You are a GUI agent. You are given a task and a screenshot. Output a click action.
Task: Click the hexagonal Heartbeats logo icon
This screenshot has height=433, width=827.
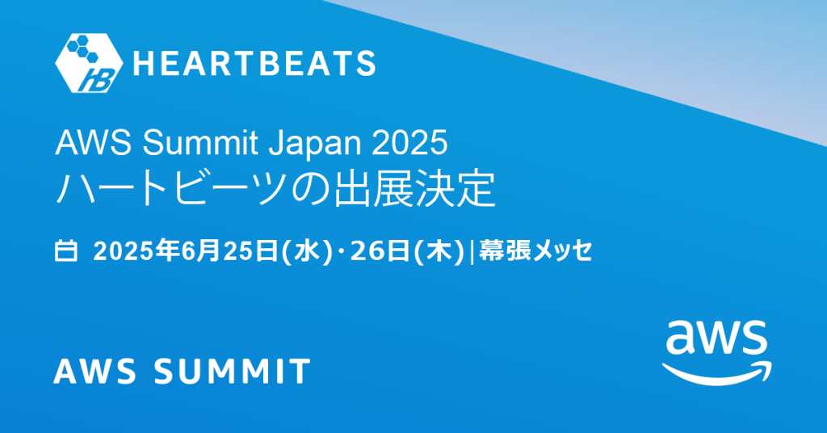click(88, 62)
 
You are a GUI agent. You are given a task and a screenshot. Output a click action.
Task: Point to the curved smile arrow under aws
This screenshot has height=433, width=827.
click(716, 372)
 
